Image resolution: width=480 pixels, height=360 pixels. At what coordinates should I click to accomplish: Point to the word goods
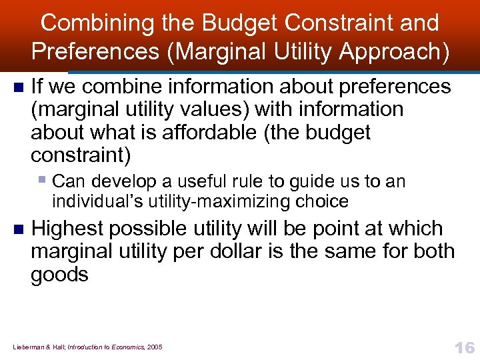[x=59, y=275]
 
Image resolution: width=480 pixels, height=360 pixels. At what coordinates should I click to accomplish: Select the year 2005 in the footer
[x=154, y=347]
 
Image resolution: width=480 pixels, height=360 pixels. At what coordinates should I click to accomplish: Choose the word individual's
[x=85, y=201]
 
